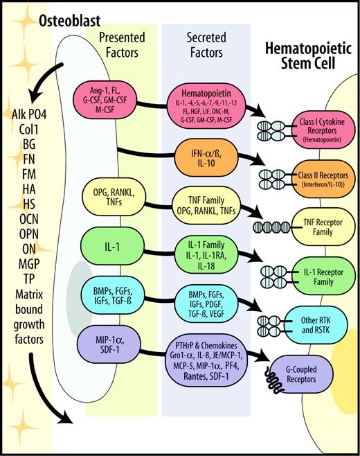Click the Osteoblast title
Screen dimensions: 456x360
tap(40, 13)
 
